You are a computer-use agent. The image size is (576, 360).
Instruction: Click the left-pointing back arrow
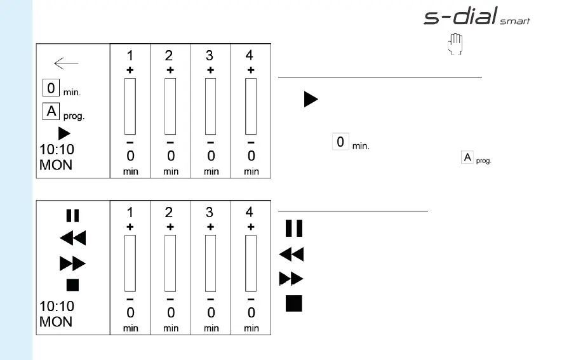[x=66, y=63]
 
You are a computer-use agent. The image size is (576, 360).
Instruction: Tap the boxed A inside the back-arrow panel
[x=51, y=112]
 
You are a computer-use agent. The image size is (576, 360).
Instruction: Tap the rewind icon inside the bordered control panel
[x=72, y=239]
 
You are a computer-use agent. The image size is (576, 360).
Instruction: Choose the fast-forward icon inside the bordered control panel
[x=72, y=262]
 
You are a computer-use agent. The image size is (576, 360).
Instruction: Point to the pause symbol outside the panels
[x=293, y=228]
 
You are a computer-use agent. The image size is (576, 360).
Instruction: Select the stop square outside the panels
[x=293, y=303]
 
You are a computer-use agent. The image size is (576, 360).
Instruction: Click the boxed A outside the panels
[x=467, y=157]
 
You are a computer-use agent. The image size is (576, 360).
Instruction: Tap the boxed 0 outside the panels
[x=340, y=142]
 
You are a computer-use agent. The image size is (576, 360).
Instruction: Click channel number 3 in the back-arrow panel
[x=210, y=56]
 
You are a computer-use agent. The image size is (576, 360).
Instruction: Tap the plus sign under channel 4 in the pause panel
[x=250, y=227]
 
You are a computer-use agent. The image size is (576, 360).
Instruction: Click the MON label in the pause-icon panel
[x=56, y=322]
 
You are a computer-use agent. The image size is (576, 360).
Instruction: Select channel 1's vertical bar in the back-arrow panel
[x=130, y=106]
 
